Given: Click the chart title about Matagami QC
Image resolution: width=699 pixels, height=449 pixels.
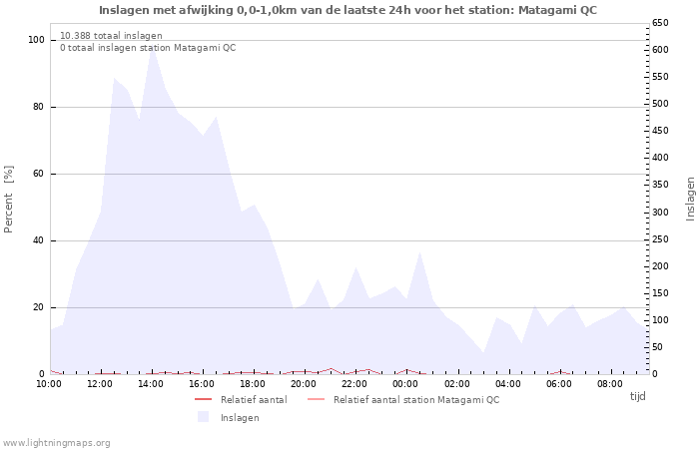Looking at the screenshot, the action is click(348, 10).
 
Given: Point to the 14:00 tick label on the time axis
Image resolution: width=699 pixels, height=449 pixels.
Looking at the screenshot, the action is click(151, 384).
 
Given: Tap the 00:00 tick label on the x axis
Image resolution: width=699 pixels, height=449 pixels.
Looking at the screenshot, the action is click(405, 384).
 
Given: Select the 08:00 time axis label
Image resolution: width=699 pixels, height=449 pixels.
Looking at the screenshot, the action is click(610, 384).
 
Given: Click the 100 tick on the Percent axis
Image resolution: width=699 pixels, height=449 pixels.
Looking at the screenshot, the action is click(36, 40).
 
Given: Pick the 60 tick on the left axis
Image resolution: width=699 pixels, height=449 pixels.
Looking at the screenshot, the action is click(39, 174).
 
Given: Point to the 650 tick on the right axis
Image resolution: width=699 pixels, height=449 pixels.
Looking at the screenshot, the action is click(660, 23).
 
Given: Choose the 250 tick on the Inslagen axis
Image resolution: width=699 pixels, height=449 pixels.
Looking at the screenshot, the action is click(660, 239).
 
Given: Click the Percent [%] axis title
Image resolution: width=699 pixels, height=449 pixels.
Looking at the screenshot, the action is click(8, 200).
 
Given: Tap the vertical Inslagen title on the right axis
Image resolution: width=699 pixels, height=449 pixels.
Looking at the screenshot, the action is click(690, 199).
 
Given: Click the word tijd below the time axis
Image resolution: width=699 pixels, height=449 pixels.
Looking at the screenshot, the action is click(637, 396).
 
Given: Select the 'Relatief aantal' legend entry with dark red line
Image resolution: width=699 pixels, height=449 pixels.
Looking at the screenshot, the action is click(241, 399).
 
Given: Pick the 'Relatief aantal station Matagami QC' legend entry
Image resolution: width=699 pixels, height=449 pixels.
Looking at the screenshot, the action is click(403, 399).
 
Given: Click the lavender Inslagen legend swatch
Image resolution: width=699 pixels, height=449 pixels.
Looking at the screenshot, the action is click(204, 417).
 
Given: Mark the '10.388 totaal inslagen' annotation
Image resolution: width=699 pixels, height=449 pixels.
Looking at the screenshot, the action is click(111, 36).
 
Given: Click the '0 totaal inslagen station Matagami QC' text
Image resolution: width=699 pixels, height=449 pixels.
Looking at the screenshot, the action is click(148, 48).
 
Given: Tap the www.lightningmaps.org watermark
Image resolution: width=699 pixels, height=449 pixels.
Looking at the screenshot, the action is click(56, 443).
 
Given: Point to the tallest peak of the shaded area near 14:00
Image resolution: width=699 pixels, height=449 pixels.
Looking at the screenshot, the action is click(153, 46).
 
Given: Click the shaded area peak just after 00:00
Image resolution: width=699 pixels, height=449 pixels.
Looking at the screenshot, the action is click(419, 252).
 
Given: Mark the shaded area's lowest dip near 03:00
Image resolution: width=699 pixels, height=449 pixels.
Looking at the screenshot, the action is click(483, 353).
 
